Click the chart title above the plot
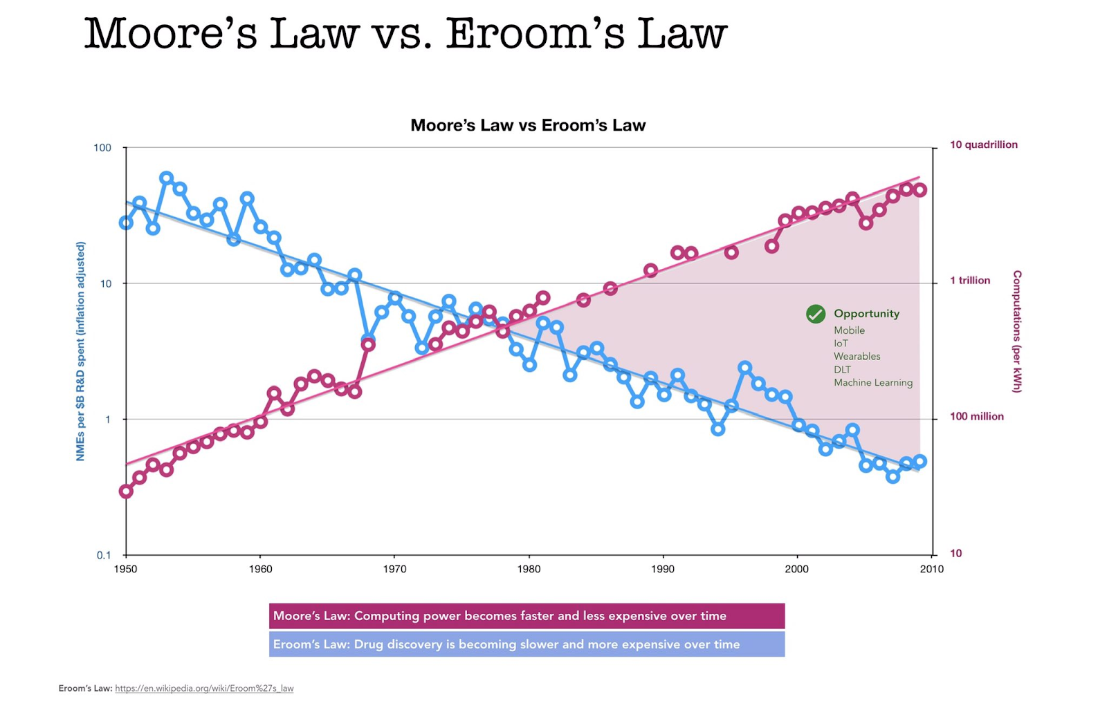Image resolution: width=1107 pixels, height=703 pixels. pos(528,125)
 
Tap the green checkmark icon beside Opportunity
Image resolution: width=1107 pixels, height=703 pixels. pos(816,314)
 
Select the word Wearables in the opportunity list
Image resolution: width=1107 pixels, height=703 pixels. pos(857,356)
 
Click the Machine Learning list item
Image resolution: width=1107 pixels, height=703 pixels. pos(872,382)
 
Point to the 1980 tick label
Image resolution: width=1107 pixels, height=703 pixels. pos(529,569)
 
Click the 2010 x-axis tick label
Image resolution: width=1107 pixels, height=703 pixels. pos(931,569)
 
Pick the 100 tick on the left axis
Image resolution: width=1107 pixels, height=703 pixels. pos(102,148)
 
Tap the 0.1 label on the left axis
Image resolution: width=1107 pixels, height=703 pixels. pos(103,555)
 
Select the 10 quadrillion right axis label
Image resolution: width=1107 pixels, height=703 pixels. pos(983,144)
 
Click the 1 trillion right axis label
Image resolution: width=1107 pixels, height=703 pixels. pos(969,280)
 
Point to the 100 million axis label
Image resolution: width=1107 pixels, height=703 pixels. pos(976,416)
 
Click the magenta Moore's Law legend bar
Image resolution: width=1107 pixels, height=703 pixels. pos(527,616)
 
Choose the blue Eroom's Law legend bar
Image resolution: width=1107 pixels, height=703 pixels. pos(527,644)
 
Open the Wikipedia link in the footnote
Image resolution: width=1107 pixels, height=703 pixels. pos(204,688)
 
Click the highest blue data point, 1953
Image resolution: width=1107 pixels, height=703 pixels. pos(166,178)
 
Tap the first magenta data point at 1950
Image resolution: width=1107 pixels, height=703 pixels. pos(126,491)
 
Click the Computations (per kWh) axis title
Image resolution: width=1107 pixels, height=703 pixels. pos(1016,332)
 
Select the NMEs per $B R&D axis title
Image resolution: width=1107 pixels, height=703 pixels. pos(80,351)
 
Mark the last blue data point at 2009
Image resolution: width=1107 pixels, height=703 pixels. pos(920,461)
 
